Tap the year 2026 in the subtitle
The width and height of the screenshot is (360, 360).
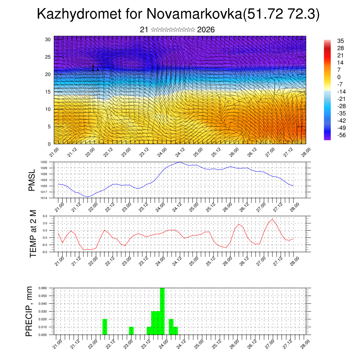(206, 30)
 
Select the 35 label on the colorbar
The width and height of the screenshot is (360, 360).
(340, 41)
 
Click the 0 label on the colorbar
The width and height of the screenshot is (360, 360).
(339, 77)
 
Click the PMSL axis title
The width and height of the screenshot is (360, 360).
(32, 180)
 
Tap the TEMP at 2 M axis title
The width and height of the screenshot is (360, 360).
(33, 233)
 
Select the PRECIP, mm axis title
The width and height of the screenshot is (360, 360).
(30, 311)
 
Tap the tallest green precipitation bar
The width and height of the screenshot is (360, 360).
(162, 311)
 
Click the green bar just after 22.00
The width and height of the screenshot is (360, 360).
(104, 327)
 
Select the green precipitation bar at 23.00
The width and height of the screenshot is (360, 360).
(131, 331)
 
